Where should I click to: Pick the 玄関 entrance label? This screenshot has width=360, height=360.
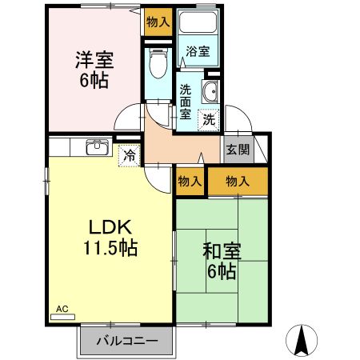pyautogui.click(x=237, y=149)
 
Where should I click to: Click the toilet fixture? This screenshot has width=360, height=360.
pyautogui.click(x=157, y=62)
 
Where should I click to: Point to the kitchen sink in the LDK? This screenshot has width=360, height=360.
pyautogui.click(x=98, y=146)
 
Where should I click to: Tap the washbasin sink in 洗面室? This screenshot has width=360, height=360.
pyautogui.click(x=211, y=92)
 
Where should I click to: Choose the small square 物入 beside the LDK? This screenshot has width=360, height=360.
pyautogui.click(x=189, y=182)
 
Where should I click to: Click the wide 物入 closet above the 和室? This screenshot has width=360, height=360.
pyautogui.click(x=238, y=182)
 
